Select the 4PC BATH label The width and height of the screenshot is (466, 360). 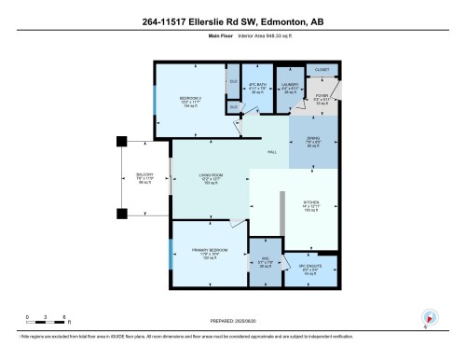click(x=257, y=87)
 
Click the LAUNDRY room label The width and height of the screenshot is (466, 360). click(x=289, y=88)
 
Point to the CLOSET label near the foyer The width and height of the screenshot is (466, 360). click(x=322, y=68)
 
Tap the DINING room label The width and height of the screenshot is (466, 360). click(x=312, y=143)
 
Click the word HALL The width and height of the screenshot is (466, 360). click(x=272, y=153)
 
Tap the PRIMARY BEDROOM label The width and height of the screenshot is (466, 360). click(x=204, y=255)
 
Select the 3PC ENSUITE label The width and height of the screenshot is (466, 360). click(x=310, y=270)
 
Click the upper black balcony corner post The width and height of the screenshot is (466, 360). click(x=120, y=142)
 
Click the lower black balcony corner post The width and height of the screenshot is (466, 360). click(x=120, y=214)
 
